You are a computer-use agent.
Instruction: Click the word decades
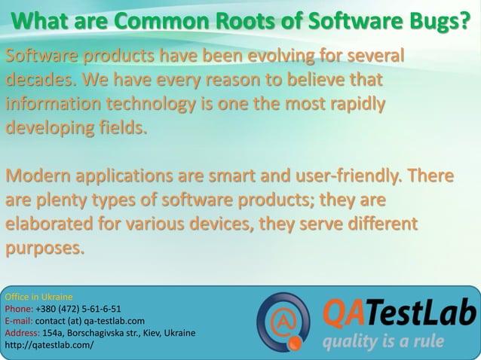(40, 79)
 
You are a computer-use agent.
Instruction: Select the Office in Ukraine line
(38, 297)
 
